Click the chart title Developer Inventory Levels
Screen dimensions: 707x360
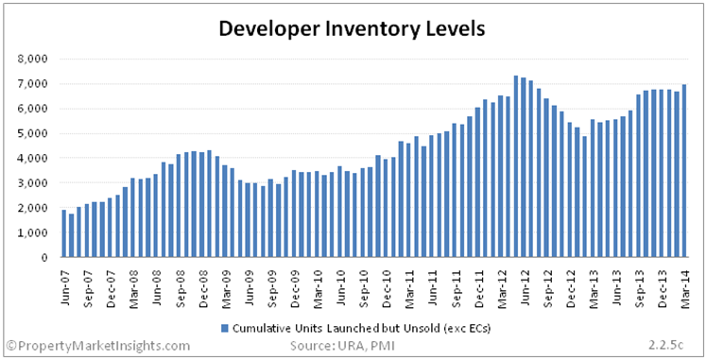(352, 29)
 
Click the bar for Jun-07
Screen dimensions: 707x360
(64, 233)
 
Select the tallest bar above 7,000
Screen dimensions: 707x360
(516, 166)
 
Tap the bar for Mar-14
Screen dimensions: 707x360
(684, 171)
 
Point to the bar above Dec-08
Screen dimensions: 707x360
(209, 204)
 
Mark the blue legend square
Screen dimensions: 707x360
(225, 328)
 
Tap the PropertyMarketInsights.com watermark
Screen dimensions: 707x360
(97, 346)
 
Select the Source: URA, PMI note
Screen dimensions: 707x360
(343, 346)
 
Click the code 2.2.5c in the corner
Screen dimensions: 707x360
(665, 346)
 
